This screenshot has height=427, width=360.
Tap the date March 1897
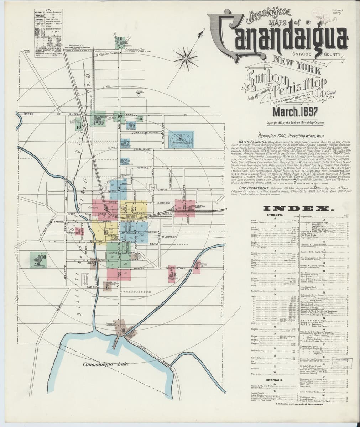(x=295, y=112)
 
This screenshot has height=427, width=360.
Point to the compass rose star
(x=185, y=57)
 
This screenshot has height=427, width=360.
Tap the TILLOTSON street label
(x=164, y=236)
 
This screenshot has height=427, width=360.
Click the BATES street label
(x=29, y=114)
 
